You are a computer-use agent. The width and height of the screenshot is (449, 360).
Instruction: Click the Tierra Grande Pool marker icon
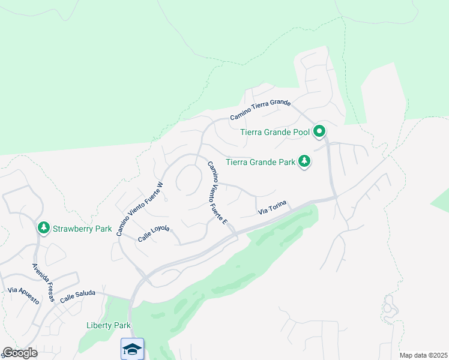click(x=320, y=131)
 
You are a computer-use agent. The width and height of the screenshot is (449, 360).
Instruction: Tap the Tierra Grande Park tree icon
click(x=305, y=161)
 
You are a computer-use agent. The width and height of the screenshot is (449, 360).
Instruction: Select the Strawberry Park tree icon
click(x=43, y=228)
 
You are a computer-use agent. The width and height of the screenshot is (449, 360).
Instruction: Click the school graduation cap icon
click(x=132, y=349)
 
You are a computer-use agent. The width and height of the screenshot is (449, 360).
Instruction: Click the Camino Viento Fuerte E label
click(x=217, y=193)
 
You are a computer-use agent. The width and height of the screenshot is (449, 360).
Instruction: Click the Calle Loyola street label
click(x=154, y=233)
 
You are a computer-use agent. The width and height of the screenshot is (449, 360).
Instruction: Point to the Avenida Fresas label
click(x=43, y=282)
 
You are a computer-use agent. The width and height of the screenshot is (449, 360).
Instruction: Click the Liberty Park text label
click(x=108, y=325)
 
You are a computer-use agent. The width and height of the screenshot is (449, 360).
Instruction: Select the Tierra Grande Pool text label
click(x=275, y=132)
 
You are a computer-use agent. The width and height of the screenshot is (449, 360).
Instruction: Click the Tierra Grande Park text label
click(x=261, y=161)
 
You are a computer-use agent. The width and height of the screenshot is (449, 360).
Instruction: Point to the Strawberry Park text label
click(x=82, y=229)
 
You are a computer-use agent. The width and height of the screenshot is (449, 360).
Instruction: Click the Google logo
click(x=20, y=352)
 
